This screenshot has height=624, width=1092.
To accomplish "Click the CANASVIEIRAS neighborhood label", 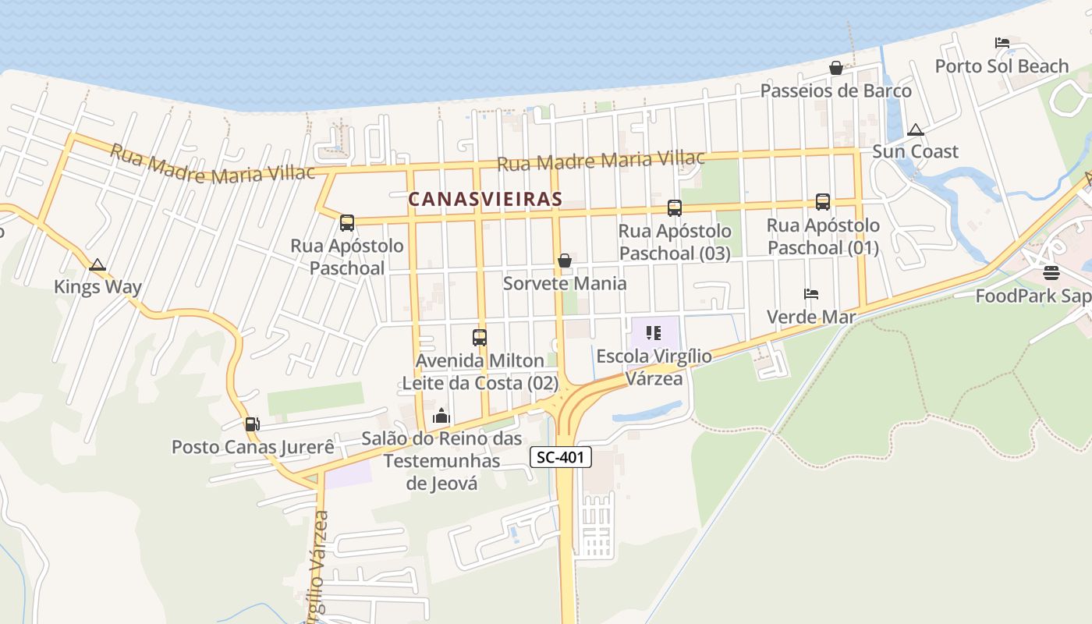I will (x=485, y=199).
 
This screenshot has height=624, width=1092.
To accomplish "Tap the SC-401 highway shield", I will (x=561, y=457).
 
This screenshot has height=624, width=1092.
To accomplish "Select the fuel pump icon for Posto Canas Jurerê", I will (x=252, y=424).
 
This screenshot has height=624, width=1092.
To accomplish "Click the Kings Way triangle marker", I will (x=97, y=265).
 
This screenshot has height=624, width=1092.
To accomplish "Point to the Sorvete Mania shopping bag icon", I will (x=565, y=261).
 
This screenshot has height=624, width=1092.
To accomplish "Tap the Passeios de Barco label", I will (x=836, y=90).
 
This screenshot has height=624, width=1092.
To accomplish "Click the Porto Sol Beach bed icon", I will (x=1002, y=43).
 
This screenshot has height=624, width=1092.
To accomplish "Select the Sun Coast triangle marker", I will (x=916, y=129).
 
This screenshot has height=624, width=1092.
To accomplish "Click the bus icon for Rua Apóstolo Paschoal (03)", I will (x=675, y=208).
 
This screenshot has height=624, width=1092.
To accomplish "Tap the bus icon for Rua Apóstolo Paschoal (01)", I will (x=823, y=202).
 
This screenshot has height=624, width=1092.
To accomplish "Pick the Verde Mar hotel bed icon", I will (x=811, y=294).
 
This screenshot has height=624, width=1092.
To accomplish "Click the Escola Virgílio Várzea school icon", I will (x=654, y=333).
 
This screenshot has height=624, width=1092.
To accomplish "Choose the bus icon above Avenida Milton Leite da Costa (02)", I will (x=480, y=338).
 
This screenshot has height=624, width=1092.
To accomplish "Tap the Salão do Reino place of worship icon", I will (x=441, y=416).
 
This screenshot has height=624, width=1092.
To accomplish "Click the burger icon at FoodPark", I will (x=1051, y=273).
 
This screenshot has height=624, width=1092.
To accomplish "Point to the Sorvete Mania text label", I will (x=565, y=283).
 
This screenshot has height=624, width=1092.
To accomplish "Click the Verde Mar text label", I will (x=811, y=317).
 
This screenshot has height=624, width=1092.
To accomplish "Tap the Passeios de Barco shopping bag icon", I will (x=836, y=68).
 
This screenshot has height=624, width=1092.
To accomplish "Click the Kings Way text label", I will (x=97, y=287).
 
